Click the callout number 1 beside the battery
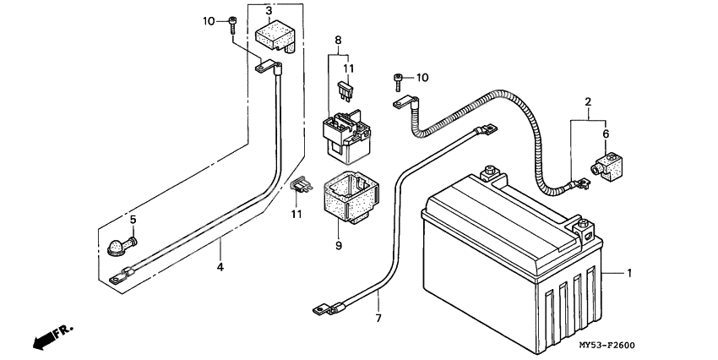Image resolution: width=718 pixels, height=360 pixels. [628, 273]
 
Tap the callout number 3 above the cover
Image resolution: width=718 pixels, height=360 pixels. [268, 11]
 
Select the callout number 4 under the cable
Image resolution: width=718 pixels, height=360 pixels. [220, 267]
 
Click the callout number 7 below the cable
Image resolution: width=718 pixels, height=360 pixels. [378, 318]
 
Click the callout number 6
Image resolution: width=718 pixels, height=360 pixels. [605, 133]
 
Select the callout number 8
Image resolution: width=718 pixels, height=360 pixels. [338, 40]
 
